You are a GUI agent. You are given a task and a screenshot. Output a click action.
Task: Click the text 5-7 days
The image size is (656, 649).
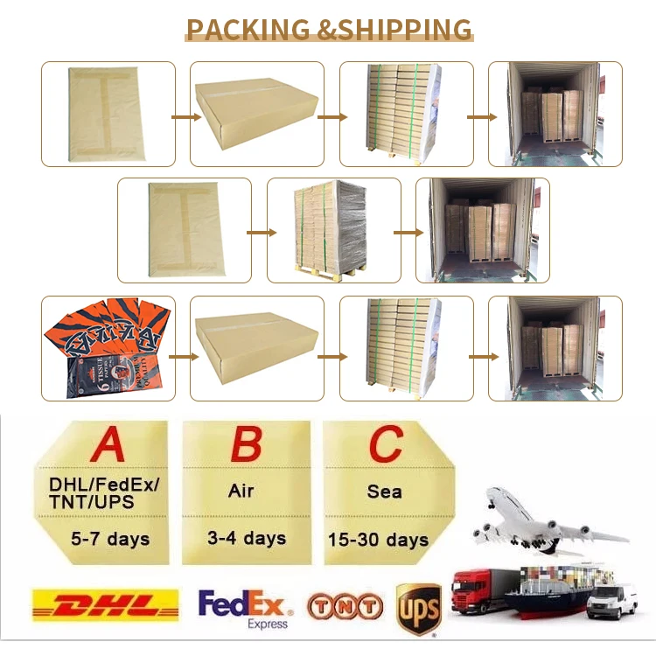click(x=109, y=538)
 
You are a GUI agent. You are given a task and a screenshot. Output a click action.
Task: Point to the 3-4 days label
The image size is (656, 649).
click(x=247, y=537)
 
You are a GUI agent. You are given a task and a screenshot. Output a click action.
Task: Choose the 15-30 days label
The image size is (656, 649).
click(x=378, y=539)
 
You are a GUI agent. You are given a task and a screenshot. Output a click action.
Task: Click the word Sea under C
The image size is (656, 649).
click(x=384, y=492)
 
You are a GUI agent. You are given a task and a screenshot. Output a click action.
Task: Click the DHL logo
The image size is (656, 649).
click(x=104, y=605)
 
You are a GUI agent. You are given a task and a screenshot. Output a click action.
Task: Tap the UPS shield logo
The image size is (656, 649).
click(x=418, y=607)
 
